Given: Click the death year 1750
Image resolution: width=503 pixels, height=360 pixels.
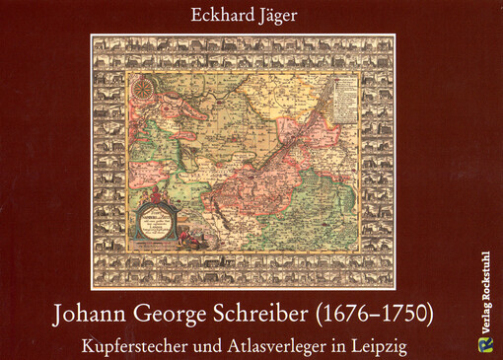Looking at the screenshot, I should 410,319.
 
